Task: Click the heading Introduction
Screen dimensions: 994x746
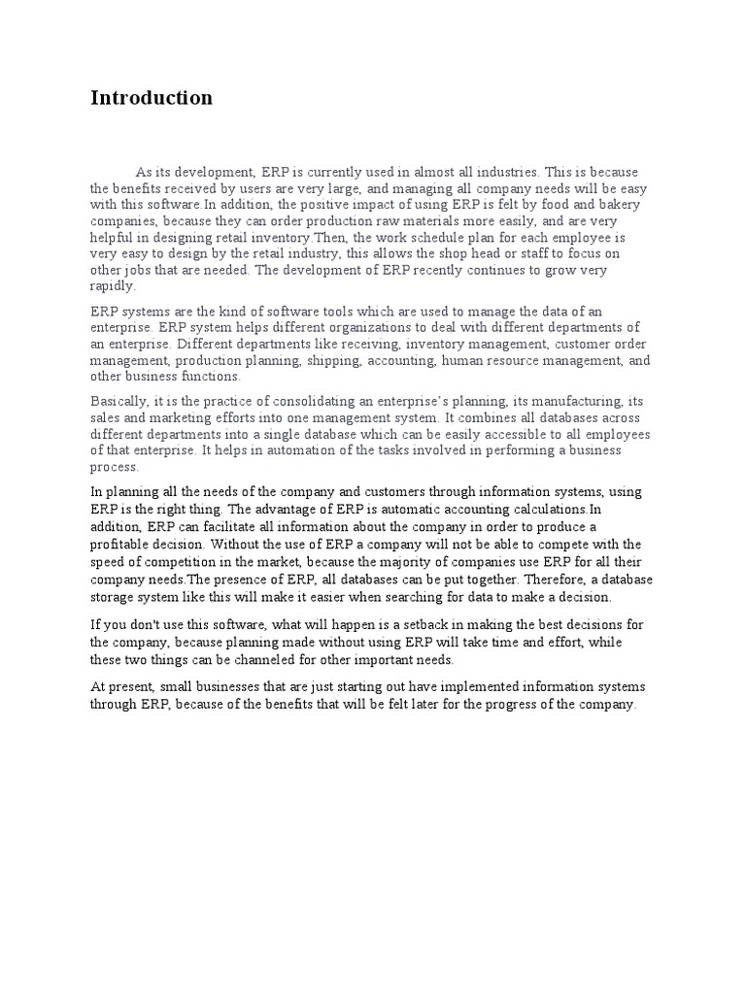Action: pyautogui.click(x=151, y=98)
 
